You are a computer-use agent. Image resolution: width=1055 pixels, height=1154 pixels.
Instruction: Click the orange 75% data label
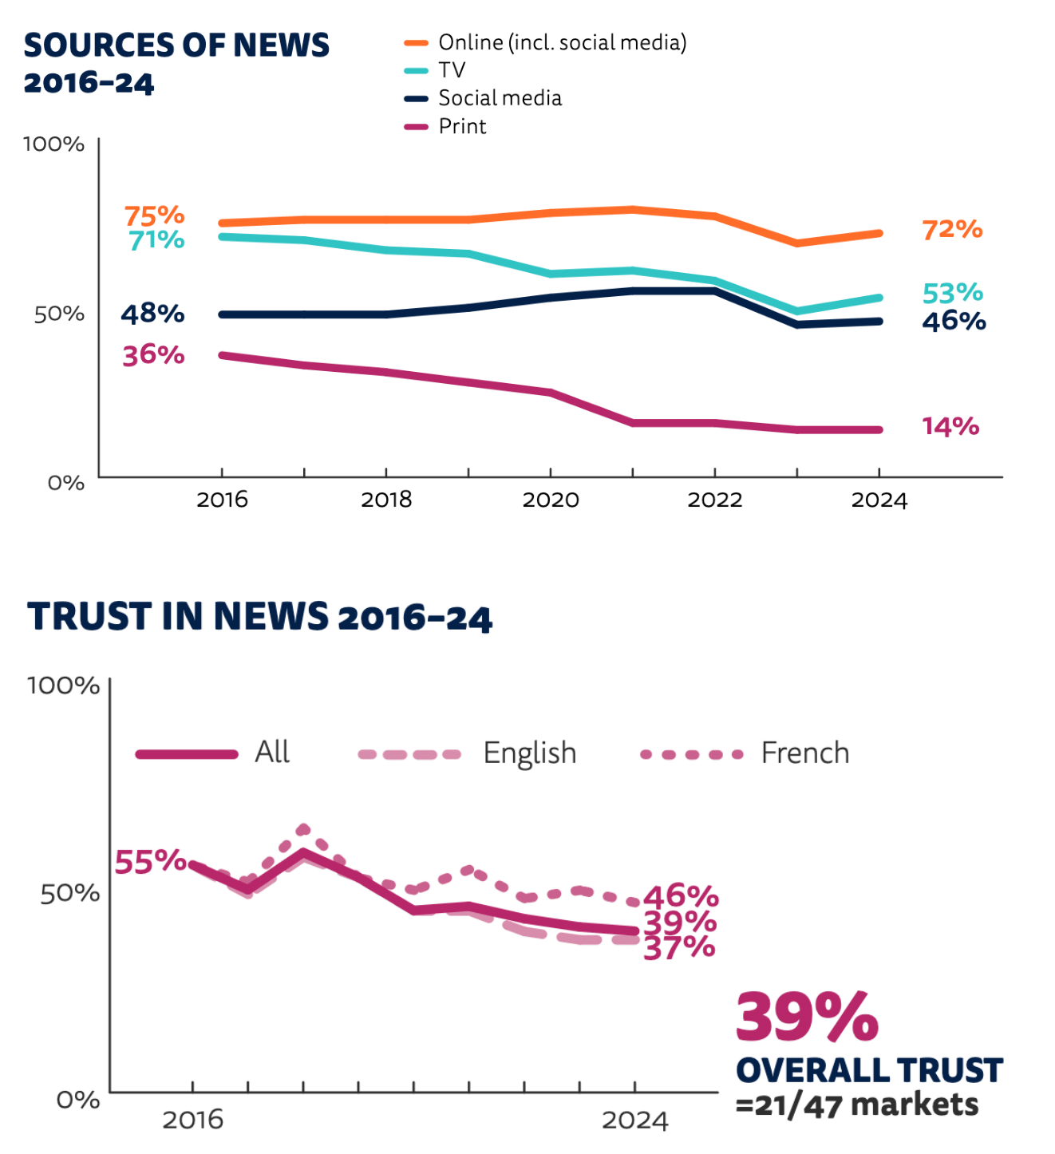[154, 215]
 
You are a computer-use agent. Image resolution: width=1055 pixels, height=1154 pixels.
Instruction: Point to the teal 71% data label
[156, 239]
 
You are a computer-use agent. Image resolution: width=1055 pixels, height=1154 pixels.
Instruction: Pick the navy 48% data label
[152, 314]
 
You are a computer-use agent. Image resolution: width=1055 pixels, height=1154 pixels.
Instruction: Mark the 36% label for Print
[153, 355]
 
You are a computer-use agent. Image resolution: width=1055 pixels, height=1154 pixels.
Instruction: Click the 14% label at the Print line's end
[950, 426]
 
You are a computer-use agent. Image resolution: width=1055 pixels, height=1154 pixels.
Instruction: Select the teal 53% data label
[952, 293]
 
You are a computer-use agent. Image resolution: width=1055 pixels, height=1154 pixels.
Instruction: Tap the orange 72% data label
[952, 230]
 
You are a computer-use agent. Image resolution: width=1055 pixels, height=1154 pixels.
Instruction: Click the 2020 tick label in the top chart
[550, 500]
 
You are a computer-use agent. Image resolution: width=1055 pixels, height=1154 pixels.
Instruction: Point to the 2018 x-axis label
[386, 500]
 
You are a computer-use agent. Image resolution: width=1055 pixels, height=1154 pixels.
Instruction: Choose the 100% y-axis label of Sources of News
[53, 144]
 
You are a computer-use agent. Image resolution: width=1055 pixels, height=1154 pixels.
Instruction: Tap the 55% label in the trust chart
[150, 862]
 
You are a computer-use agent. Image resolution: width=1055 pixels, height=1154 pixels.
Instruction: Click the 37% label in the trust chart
[679, 947]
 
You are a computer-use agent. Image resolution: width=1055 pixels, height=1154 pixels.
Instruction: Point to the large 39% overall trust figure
[806, 1018]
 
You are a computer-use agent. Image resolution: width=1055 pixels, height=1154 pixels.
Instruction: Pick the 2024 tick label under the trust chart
[634, 1120]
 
